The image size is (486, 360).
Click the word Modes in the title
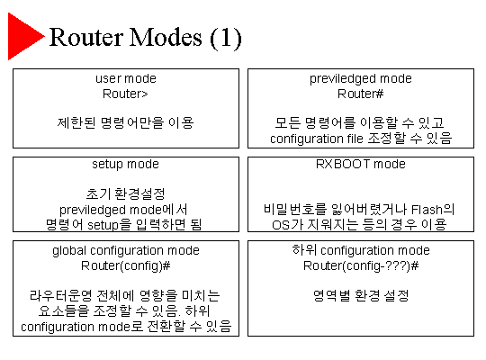166,37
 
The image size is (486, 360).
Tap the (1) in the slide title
226,39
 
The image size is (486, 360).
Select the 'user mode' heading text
126,79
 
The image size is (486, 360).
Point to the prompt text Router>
125,94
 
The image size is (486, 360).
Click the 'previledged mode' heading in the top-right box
361,79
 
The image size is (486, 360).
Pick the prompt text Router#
361,94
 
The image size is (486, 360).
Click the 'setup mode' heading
125,165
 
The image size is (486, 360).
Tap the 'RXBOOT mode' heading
361,164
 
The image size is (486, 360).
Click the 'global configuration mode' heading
126,251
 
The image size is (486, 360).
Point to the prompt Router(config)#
125,266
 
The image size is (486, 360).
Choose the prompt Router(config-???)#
361,266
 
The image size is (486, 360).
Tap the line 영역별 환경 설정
361,295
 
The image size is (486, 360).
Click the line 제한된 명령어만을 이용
125,122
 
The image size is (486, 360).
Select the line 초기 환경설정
125,194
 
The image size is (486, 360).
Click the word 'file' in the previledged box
355,139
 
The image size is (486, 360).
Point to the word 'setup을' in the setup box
110,225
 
